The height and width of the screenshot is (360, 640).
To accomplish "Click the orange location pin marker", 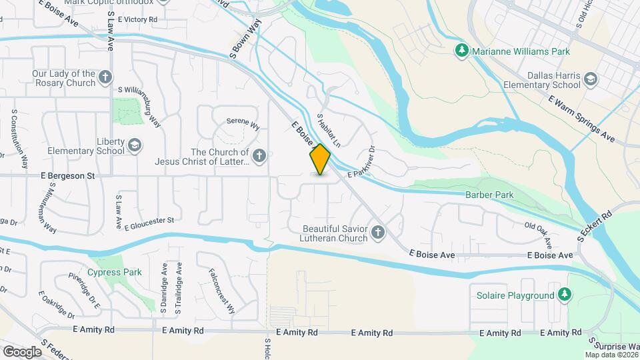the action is click(320, 159).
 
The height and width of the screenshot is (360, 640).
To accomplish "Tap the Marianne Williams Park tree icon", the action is click(461, 51).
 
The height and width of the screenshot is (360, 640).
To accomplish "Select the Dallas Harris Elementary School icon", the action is click(590, 81).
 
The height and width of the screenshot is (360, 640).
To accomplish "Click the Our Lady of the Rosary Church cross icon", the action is click(105, 78).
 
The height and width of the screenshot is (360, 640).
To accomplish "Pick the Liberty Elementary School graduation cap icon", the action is click(135, 145).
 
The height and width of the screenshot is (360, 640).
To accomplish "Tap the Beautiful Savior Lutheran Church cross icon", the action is click(378, 233).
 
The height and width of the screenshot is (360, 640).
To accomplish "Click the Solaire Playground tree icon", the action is click(565, 295).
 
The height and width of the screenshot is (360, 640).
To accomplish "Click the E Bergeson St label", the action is click(69, 176).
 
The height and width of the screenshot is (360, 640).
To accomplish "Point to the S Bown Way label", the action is click(244, 39).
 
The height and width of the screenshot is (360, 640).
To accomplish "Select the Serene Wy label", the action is click(243, 123).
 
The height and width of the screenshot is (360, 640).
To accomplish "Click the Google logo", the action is click(22, 351).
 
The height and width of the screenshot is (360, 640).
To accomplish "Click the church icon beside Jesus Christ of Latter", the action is click(260, 157).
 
